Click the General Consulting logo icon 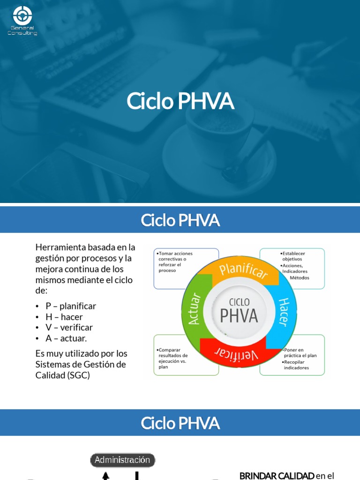pos(22,15)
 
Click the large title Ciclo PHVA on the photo pos(180,101)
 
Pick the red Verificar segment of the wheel pos(237,352)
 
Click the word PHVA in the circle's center pos(239,315)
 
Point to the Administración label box pos(122,460)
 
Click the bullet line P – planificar pos(70,306)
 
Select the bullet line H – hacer pos(64,317)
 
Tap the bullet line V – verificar pos(69,328)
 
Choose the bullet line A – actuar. pos(66,338)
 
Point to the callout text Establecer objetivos pos(293,256)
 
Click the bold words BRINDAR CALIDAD pos(277,476)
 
